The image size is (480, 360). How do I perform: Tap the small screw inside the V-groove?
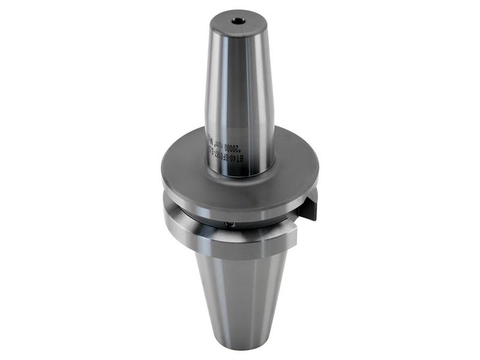tap(229, 224)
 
